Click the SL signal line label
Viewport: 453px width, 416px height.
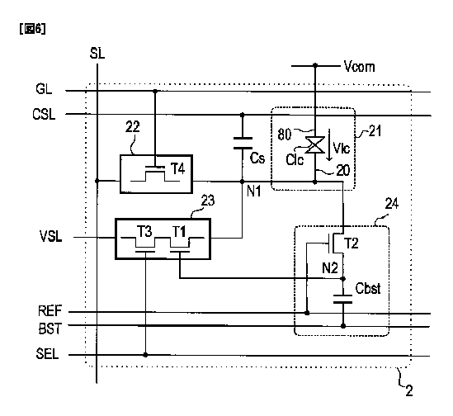[97, 54]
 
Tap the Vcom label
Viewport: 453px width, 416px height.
[360, 67]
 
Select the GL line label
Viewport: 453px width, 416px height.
[44, 89]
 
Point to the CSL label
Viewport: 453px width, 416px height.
[44, 114]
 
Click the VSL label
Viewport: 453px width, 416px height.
[51, 236]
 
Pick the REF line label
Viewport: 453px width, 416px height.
[50, 311]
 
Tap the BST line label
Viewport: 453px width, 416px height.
[50, 329]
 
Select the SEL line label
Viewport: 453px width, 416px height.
[47, 353]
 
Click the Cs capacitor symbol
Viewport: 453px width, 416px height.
[243, 144]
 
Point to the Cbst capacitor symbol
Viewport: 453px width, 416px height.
[343, 300]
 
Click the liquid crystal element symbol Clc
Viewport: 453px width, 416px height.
[315, 144]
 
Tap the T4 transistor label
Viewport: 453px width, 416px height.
[178, 169]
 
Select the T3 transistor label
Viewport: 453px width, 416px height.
[144, 232]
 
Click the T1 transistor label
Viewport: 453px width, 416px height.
[179, 232]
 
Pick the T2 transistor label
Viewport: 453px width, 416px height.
[352, 243]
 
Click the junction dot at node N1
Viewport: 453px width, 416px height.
[242, 182]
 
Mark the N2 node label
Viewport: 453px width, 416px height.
[330, 268]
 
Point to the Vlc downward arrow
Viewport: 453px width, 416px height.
[328, 144]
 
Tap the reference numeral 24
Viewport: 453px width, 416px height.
[392, 204]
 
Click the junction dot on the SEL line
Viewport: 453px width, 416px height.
[145, 355]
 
